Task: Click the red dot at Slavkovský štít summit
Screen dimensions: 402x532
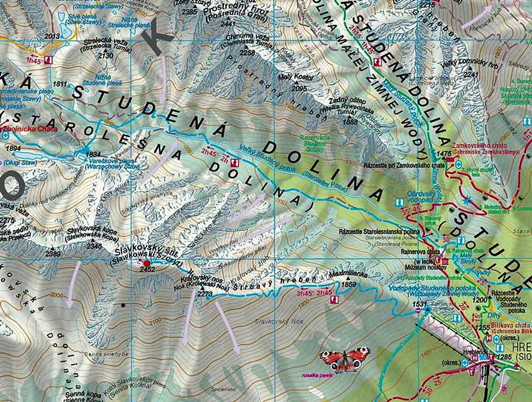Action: point(147,263)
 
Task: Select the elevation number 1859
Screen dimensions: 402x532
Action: point(348,284)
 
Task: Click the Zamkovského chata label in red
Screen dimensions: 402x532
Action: point(475,144)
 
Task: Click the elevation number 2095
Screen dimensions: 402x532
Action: point(299,88)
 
